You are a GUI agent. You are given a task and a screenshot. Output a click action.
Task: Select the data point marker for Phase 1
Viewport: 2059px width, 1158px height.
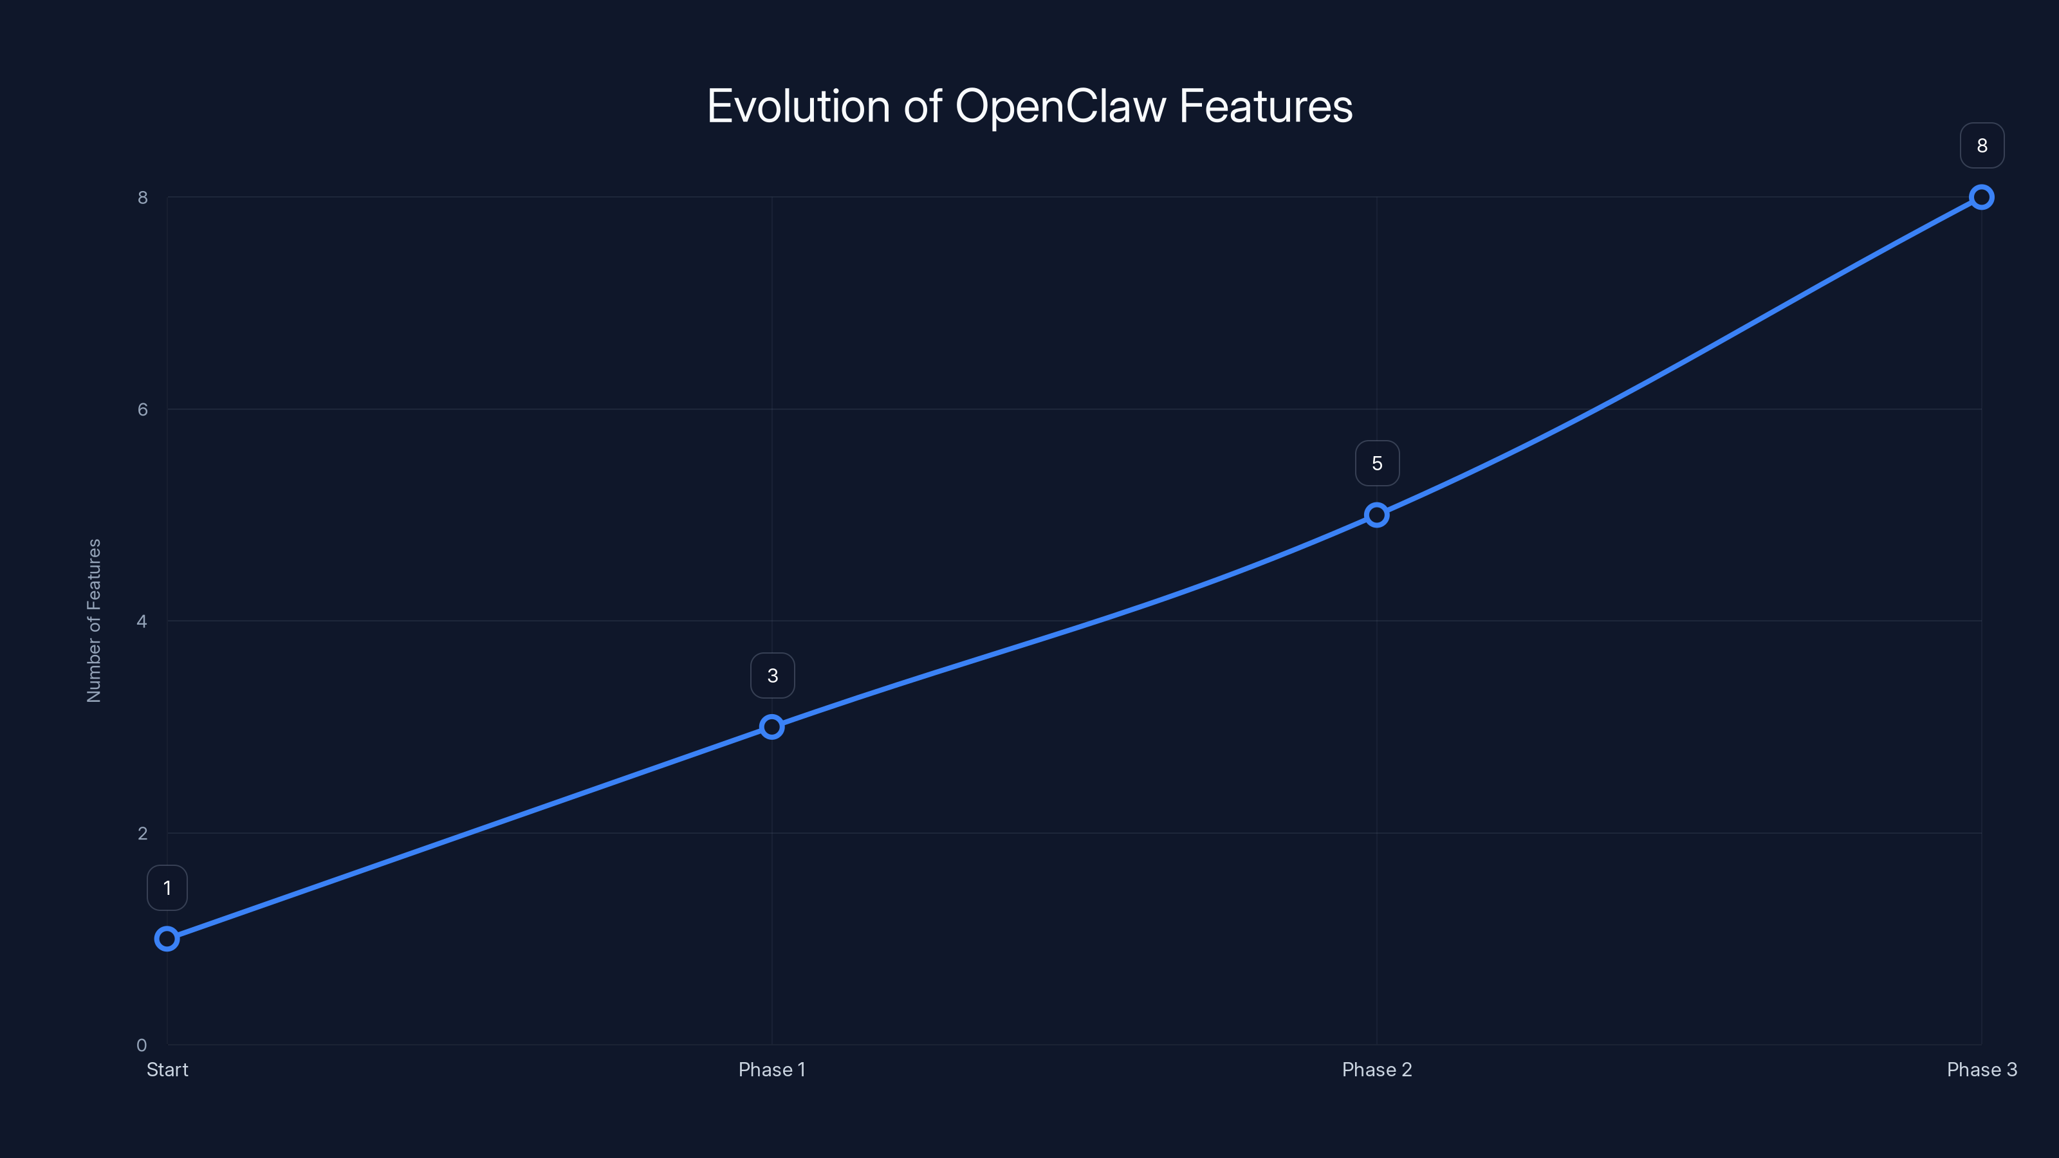click(771, 726)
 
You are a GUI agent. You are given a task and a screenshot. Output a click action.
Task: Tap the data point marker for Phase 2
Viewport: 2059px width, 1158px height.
click(1376, 515)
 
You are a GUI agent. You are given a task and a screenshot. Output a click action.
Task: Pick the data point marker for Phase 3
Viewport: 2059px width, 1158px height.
click(1982, 198)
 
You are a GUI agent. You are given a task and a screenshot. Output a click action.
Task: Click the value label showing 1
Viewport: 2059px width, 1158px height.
click(167, 888)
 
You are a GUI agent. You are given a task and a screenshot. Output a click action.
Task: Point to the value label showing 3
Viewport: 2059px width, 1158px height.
click(772, 675)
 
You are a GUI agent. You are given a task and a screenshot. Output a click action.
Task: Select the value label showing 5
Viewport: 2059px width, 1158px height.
click(1377, 463)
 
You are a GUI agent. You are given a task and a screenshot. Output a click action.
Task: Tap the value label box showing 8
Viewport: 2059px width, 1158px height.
click(1982, 145)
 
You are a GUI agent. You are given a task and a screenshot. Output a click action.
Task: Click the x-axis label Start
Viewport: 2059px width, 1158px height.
click(167, 1069)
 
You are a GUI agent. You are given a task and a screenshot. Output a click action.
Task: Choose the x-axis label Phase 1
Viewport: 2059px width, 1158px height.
click(771, 1069)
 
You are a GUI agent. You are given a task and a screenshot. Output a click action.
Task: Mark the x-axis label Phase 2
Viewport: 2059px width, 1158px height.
click(1376, 1069)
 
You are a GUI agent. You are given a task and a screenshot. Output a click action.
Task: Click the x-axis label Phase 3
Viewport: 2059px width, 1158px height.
click(1982, 1069)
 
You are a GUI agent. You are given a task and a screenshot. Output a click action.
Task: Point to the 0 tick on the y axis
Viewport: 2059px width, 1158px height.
click(142, 1045)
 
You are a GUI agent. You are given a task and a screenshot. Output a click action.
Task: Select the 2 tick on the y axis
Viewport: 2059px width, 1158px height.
click(142, 832)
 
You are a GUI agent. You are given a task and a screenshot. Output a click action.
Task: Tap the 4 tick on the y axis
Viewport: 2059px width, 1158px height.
click(142, 621)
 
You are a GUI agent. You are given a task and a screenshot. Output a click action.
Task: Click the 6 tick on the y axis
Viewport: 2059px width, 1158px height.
click(142, 409)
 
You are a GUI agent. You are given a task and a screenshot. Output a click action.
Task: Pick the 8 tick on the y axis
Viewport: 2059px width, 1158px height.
click(142, 198)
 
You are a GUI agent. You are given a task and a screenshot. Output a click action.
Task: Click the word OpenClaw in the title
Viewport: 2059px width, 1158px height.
click(1060, 106)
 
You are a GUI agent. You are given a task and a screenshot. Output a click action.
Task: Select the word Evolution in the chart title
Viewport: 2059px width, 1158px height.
click(799, 106)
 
